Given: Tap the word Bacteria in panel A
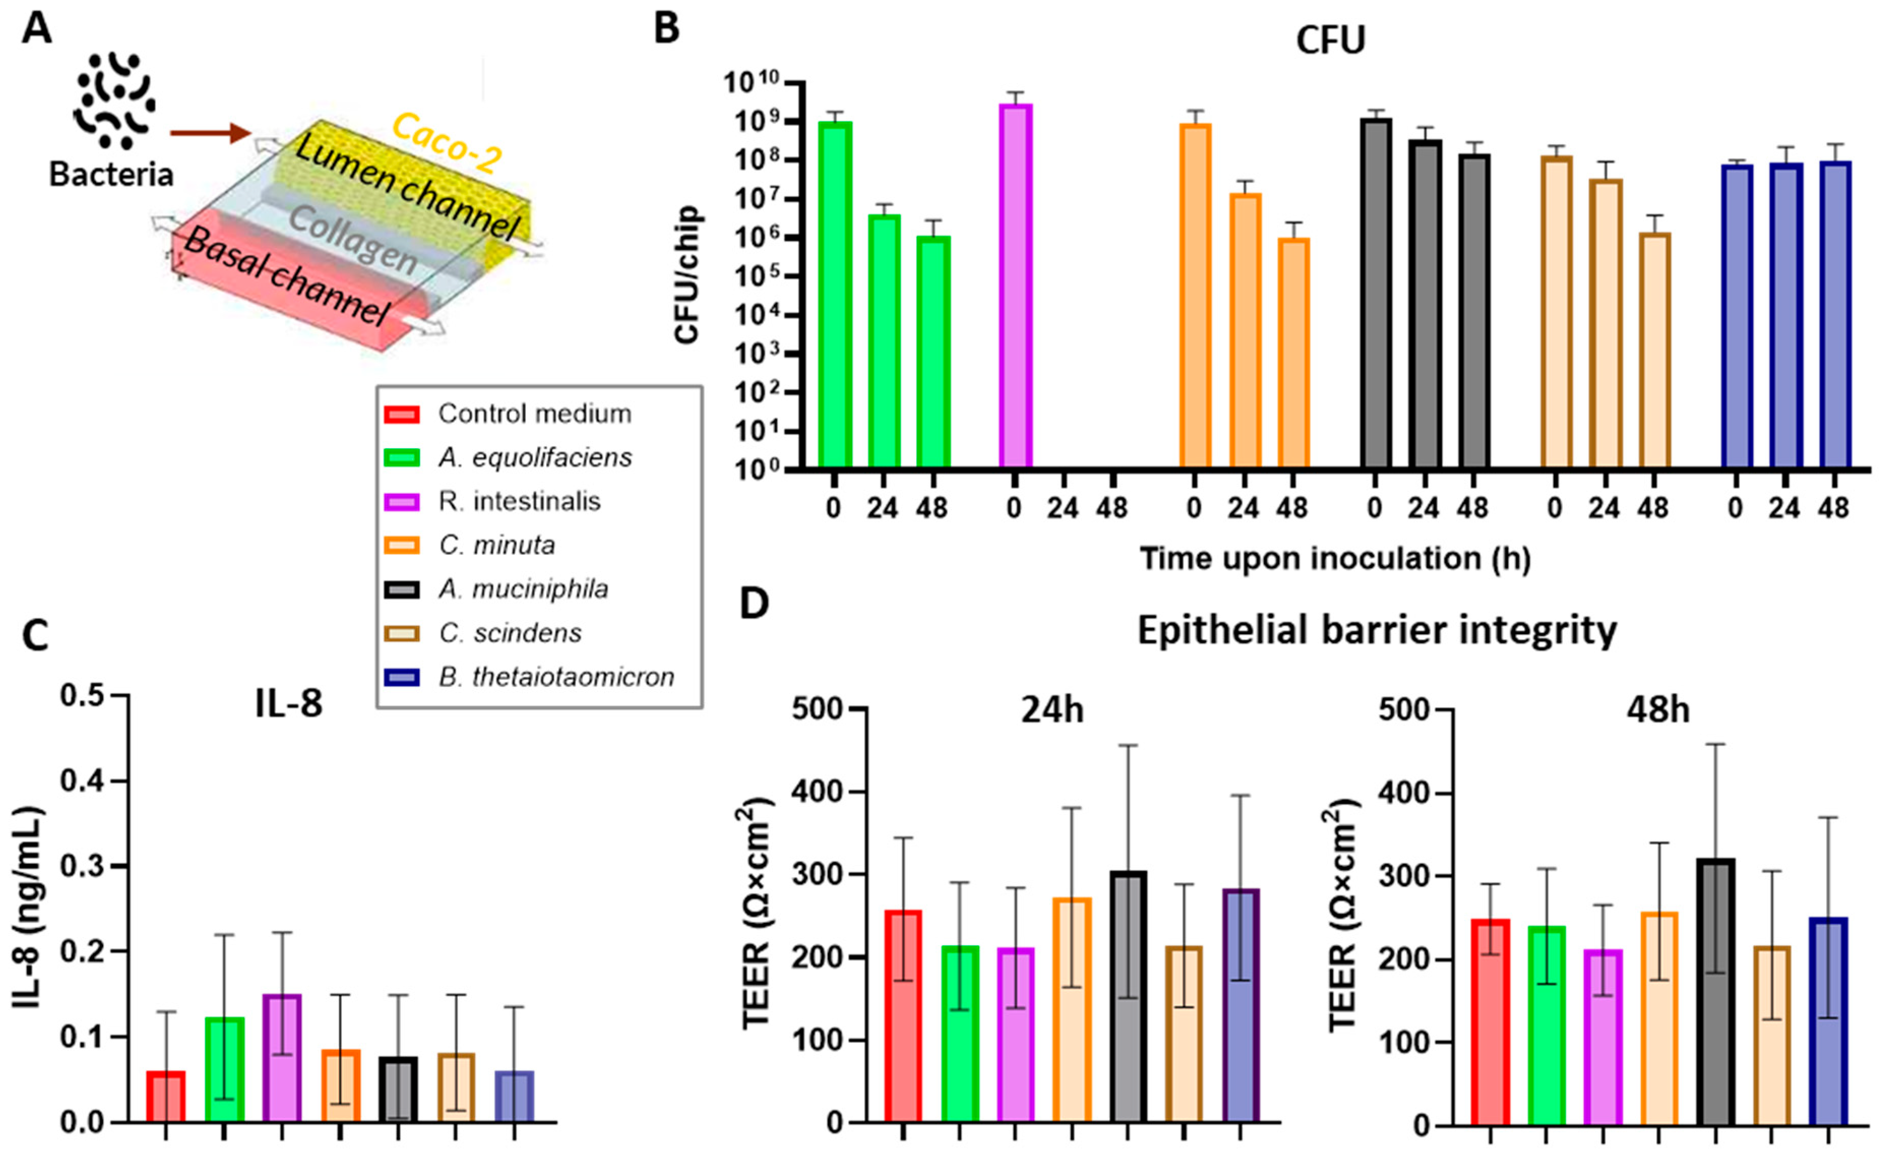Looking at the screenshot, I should tap(112, 175).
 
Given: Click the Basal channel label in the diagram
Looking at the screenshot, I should tap(287, 279).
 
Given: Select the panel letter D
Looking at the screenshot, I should tap(755, 605).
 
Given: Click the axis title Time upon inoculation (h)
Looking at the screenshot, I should tap(1335, 558).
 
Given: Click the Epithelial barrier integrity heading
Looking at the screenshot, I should tap(1377, 631).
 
